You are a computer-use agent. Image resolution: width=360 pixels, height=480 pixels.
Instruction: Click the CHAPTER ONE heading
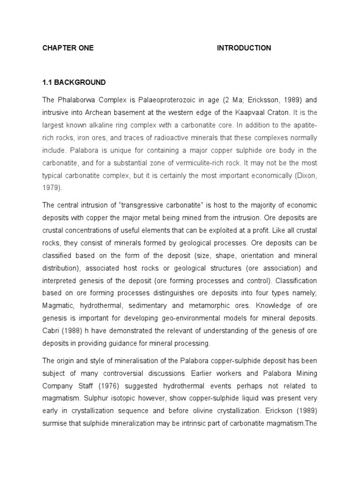tap(68, 48)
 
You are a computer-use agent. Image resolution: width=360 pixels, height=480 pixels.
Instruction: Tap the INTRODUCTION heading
tap(244, 48)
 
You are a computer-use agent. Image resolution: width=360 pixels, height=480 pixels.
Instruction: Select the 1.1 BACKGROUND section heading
tap(74, 82)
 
